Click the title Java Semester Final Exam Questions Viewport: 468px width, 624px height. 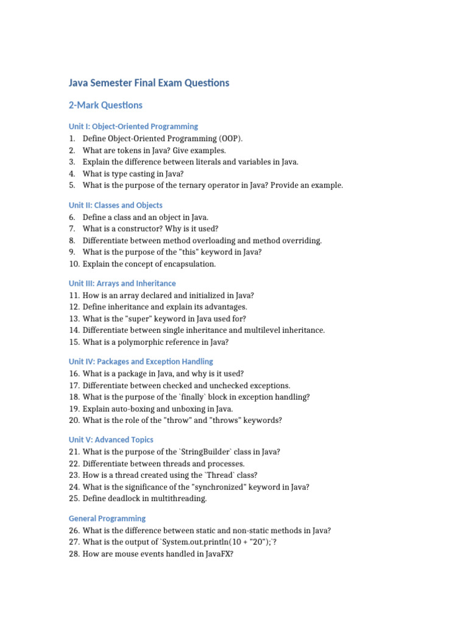click(149, 82)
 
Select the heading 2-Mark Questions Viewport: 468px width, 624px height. click(105, 105)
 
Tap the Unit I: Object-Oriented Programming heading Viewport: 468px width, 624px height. click(133, 126)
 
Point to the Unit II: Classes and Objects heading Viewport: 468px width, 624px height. click(115, 205)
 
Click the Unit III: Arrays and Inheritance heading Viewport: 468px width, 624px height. click(122, 283)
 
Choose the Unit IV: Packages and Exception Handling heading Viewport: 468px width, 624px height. click(141, 361)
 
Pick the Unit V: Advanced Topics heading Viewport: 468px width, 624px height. click(110, 439)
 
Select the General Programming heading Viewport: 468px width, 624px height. click(107, 518)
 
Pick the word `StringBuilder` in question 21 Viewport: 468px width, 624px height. click(205, 452)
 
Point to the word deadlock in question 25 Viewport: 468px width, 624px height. click(123, 498)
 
